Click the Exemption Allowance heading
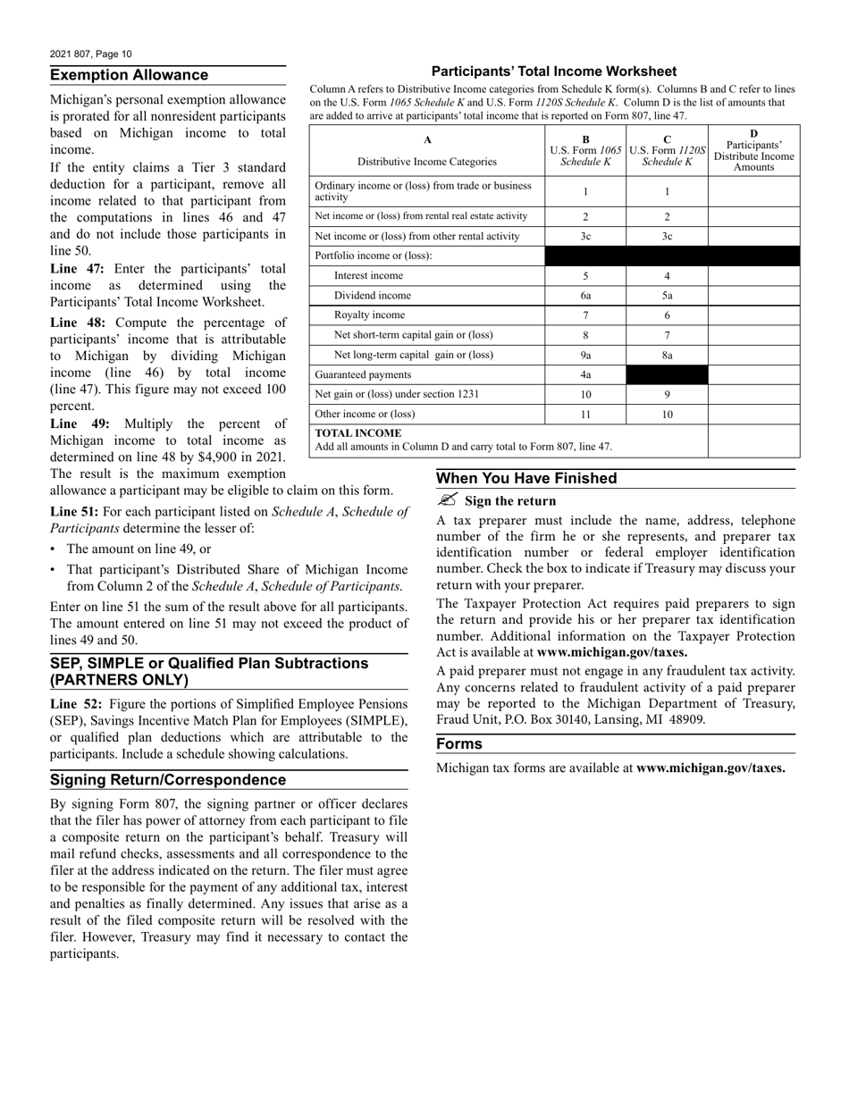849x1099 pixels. pyautogui.click(x=129, y=75)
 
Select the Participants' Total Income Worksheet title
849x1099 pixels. pyautogui.click(x=553, y=71)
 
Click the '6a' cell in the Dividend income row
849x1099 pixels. pyautogui.click(x=585, y=296)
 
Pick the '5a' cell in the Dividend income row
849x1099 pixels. pyautogui.click(x=667, y=296)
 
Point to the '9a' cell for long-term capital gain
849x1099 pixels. pyautogui.click(x=585, y=355)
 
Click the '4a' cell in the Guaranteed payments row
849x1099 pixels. pyautogui.click(x=585, y=375)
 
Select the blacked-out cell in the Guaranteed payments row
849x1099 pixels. pyautogui.click(x=667, y=375)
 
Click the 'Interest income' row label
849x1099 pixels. pyautogui.click(x=368, y=276)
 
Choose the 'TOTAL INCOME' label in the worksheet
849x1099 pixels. pyautogui.click(x=358, y=433)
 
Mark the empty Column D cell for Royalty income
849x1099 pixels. pyautogui.click(x=752, y=315)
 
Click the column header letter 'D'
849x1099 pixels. pyautogui.click(x=753, y=134)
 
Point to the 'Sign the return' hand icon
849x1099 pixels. pyautogui.click(x=448, y=500)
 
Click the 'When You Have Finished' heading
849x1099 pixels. pyautogui.click(x=526, y=479)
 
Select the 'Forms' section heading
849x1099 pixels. pyautogui.click(x=458, y=744)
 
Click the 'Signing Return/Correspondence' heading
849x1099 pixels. pyautogui.click(x=168, y=780)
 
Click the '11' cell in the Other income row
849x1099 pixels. pyautogui.click(x=585, y=415)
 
